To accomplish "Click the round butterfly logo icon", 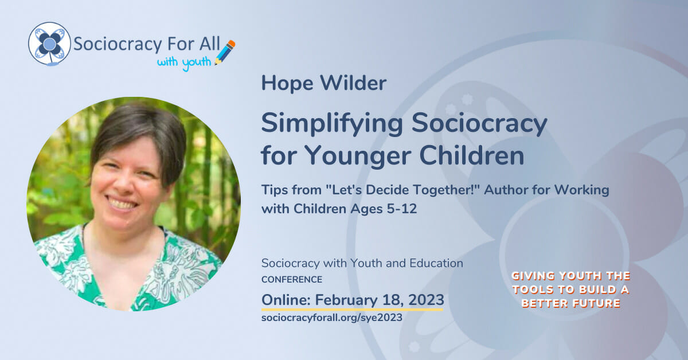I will tap(49, 43).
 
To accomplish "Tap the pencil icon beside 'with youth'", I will tap(225, 52).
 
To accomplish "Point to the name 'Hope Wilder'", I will tap(323, 84).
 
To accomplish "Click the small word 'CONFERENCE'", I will tap(291, 280).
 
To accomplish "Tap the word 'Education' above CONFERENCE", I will tap(436, 264).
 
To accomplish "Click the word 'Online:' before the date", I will tap(286, 299).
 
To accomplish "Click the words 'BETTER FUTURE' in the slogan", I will tap(571, 303).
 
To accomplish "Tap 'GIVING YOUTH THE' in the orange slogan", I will tap(571, 276).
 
